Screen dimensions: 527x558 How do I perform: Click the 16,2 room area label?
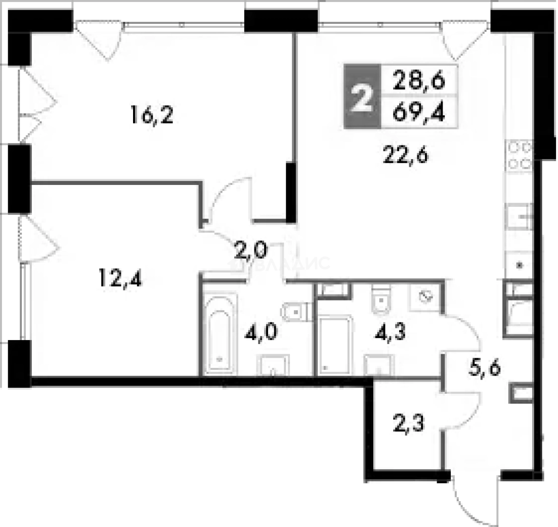[152, 116]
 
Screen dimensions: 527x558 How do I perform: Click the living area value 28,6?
[420, 79]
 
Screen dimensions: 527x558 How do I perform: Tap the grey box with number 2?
[361, 97]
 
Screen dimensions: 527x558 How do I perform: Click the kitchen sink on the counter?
[520, 217]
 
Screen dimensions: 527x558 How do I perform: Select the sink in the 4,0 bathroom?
[273, 365]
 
